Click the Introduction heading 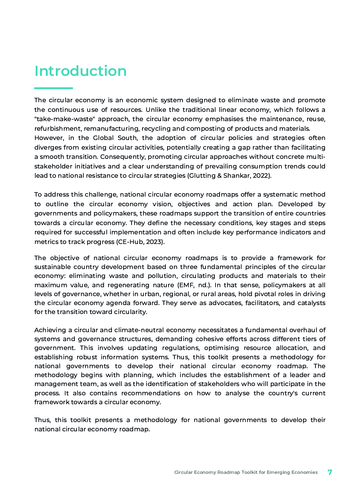tap(80, 71)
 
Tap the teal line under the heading tap(54, 88)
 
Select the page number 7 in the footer tap(330, 472)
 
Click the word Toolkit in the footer tap(249, 473)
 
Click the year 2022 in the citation tap(262, 176)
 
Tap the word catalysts tap(312, 303)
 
